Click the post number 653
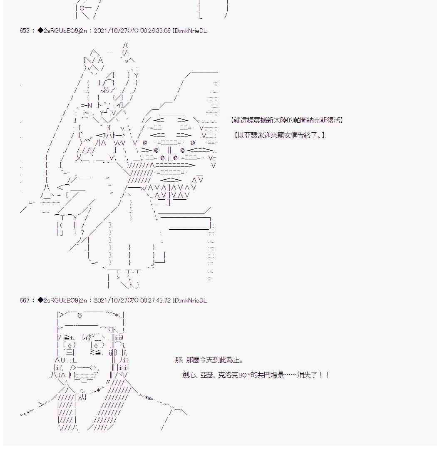[25, 31]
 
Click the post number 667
[25, 300]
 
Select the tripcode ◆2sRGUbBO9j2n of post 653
[62, 31]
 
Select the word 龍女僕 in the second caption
[283, 135]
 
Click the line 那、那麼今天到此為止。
[209, 360]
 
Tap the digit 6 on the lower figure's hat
[79, 315]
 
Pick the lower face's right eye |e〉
[97, 345]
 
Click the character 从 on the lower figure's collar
[82, 397]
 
